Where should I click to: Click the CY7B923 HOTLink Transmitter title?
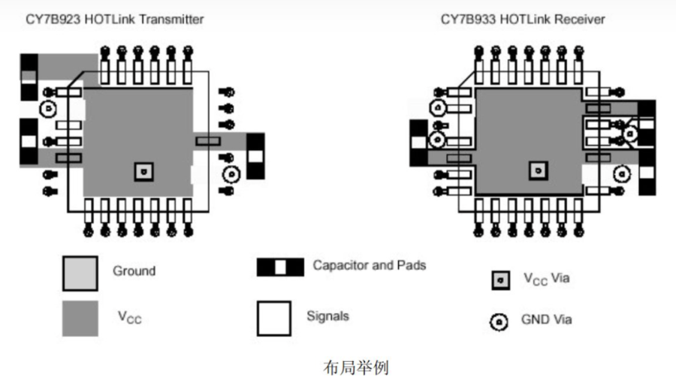(115, 20)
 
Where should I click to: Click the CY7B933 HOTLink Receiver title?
(523, 20)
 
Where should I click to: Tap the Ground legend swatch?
(80, 273)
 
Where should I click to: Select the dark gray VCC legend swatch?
(80, 319)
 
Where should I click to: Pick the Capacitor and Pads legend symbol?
(280, 267)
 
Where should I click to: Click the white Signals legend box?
(273, 319)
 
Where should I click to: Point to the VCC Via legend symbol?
(500, 281)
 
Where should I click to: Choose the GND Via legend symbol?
(499, 322)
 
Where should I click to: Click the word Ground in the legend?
(134, 271)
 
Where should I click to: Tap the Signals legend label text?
(327, 316)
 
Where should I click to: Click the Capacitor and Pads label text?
(370, 265)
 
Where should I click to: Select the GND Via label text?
(546, 320)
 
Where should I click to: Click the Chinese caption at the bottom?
(356, 368)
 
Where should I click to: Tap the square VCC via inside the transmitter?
(144, 172)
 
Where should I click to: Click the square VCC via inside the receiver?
(538, 171)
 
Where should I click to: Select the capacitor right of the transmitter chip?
(255, 156)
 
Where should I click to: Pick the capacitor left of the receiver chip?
(418, 143)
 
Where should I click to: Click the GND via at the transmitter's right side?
(231, 174)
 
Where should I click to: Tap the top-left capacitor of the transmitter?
(29, 77)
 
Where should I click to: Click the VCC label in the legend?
(130, 317)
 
